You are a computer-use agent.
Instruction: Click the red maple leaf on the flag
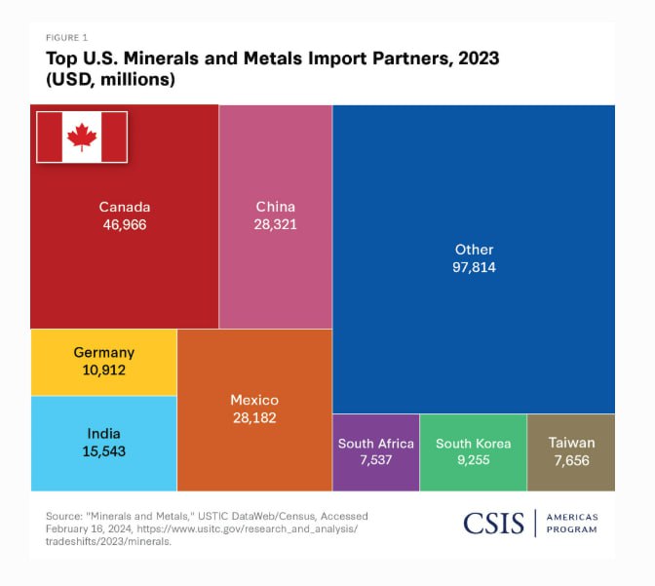[x=82, y=137]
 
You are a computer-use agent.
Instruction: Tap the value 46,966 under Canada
[x=125, y=224]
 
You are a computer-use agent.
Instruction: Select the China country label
[x=275, y=207]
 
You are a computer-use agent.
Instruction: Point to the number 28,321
[x=275, y=224]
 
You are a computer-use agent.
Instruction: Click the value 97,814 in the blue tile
[x=475, y=267]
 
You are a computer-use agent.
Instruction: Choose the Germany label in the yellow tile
[x=104, y=353]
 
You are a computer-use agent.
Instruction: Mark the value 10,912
[x=104, y=371]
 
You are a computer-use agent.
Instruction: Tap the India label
[x=104, y=434]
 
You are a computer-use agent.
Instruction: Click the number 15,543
[x=104, y=451]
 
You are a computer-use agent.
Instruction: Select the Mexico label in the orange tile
[x=254, y=401]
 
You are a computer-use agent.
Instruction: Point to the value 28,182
[x=254, y=418]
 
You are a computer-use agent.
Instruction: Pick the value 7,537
[x=376, y=461]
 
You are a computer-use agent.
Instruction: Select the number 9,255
[x=473, y=461]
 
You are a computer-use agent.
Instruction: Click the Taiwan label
[x=571, y=443]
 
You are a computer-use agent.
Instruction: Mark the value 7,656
[x=571, y=461]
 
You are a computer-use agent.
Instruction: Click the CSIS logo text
[x=493, y=524]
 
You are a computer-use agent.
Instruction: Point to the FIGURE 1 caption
[x=66, y=38]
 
